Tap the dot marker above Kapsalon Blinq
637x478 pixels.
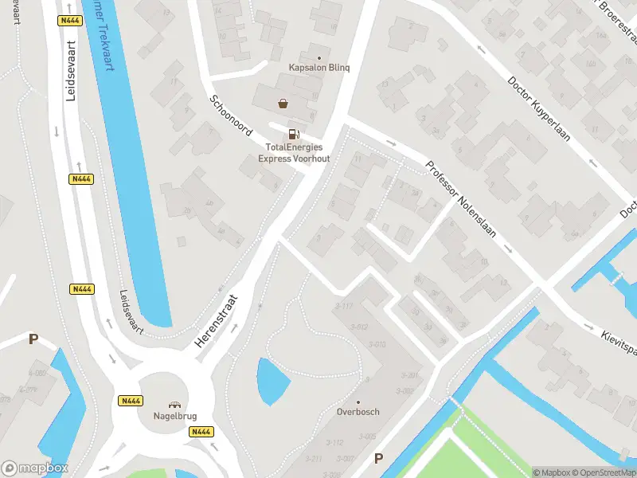point(320,57)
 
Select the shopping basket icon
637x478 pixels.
point(283,103)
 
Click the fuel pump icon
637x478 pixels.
point(294,134)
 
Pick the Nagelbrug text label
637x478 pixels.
point(174,416)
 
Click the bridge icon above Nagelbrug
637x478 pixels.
point(174,403)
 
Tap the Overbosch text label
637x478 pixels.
point(358,412)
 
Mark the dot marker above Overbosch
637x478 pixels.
point(358,401)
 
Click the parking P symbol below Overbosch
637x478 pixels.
point(378,458)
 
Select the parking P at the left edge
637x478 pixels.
point(33,339)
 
